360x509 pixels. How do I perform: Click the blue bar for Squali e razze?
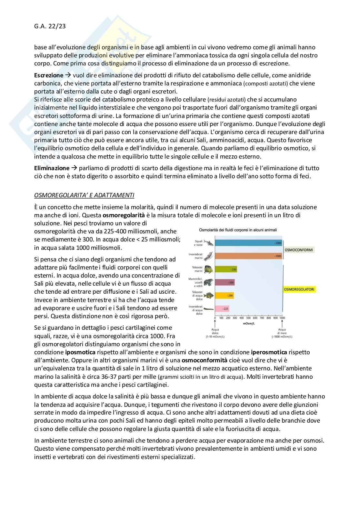pyautogui.click(x=248, y=243)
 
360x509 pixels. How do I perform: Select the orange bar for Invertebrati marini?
pyautogui.click(x=248, y=256)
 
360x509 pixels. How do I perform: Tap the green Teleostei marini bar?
pyautogui.click(x=226, y=269)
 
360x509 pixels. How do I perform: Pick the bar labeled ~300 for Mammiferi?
pyautogui.click(x=225, y=282)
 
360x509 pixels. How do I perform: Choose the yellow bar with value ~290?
pyautogui.click(x=224, y=295)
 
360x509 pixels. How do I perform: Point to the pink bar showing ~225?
pyautogui.click(x=222, y=309)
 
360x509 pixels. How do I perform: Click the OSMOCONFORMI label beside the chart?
pyautogui.click(x=298, y=250)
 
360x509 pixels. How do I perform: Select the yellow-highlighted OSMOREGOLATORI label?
pyautogui.click(x=299, y=289)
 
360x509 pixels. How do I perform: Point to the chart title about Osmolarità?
pyautogui.click(x=238, y=230)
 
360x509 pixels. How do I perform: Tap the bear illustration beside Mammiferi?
pyautogui.click(x=209, y=282)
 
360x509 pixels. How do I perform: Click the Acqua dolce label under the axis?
pyautogui.click(x=215, y=331)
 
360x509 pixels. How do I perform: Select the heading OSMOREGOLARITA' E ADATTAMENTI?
pyautogui.click(x=84, y=195)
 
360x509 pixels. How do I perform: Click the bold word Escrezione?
pyautogui.click(x=49, y=75)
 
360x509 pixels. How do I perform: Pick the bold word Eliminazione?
pyautogui.click(x=52, y=168)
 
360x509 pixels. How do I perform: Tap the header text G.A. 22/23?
pyautogui.click(x=50, y=26)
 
